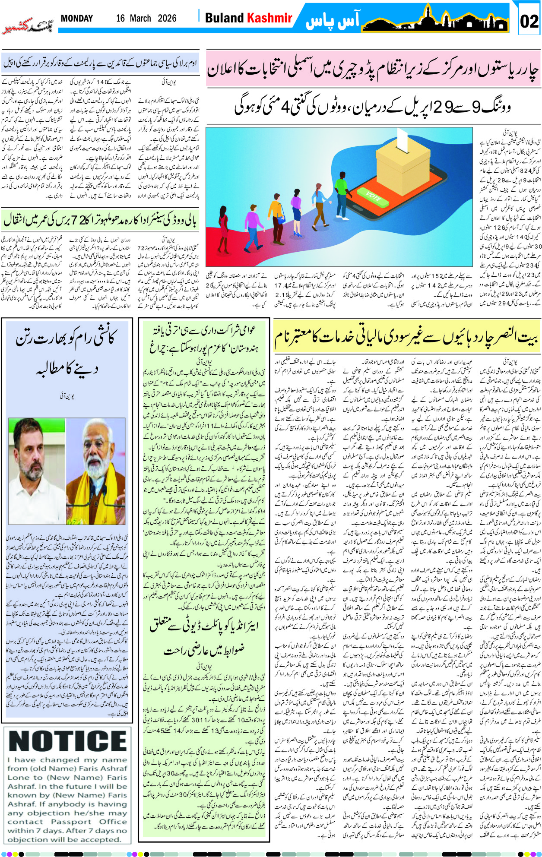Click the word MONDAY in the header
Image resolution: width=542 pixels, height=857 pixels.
click(x=77, y=19)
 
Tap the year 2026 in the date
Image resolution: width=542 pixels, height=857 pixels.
click(x=167, y=19)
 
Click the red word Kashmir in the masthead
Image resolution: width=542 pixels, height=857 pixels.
click(x=269, y=18)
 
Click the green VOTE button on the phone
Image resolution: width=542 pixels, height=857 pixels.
click(x=374, y=196)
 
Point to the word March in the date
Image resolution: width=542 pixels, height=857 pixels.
click(x=140, y=19)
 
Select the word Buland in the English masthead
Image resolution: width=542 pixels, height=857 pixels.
click(x=224, y=18)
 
